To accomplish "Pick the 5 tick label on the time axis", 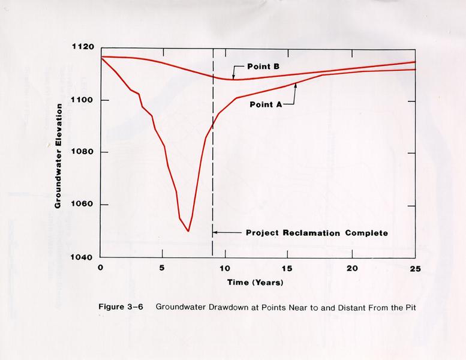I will click(x=163, y=268).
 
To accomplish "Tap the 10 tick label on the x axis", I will click(x=226, y=268).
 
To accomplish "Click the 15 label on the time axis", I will click(x=288, y=268).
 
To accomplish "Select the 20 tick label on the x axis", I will click(x=351, y=268).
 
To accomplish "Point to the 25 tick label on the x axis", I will click(x=414, y=268).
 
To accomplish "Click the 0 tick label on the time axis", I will click(x=100, y=268).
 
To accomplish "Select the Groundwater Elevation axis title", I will click(x=58, y=155).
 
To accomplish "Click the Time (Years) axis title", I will click(x=255, y=281).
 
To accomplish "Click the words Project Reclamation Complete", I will click(x=317, y=233).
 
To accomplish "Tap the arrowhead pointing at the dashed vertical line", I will click(x=215, y=233).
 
